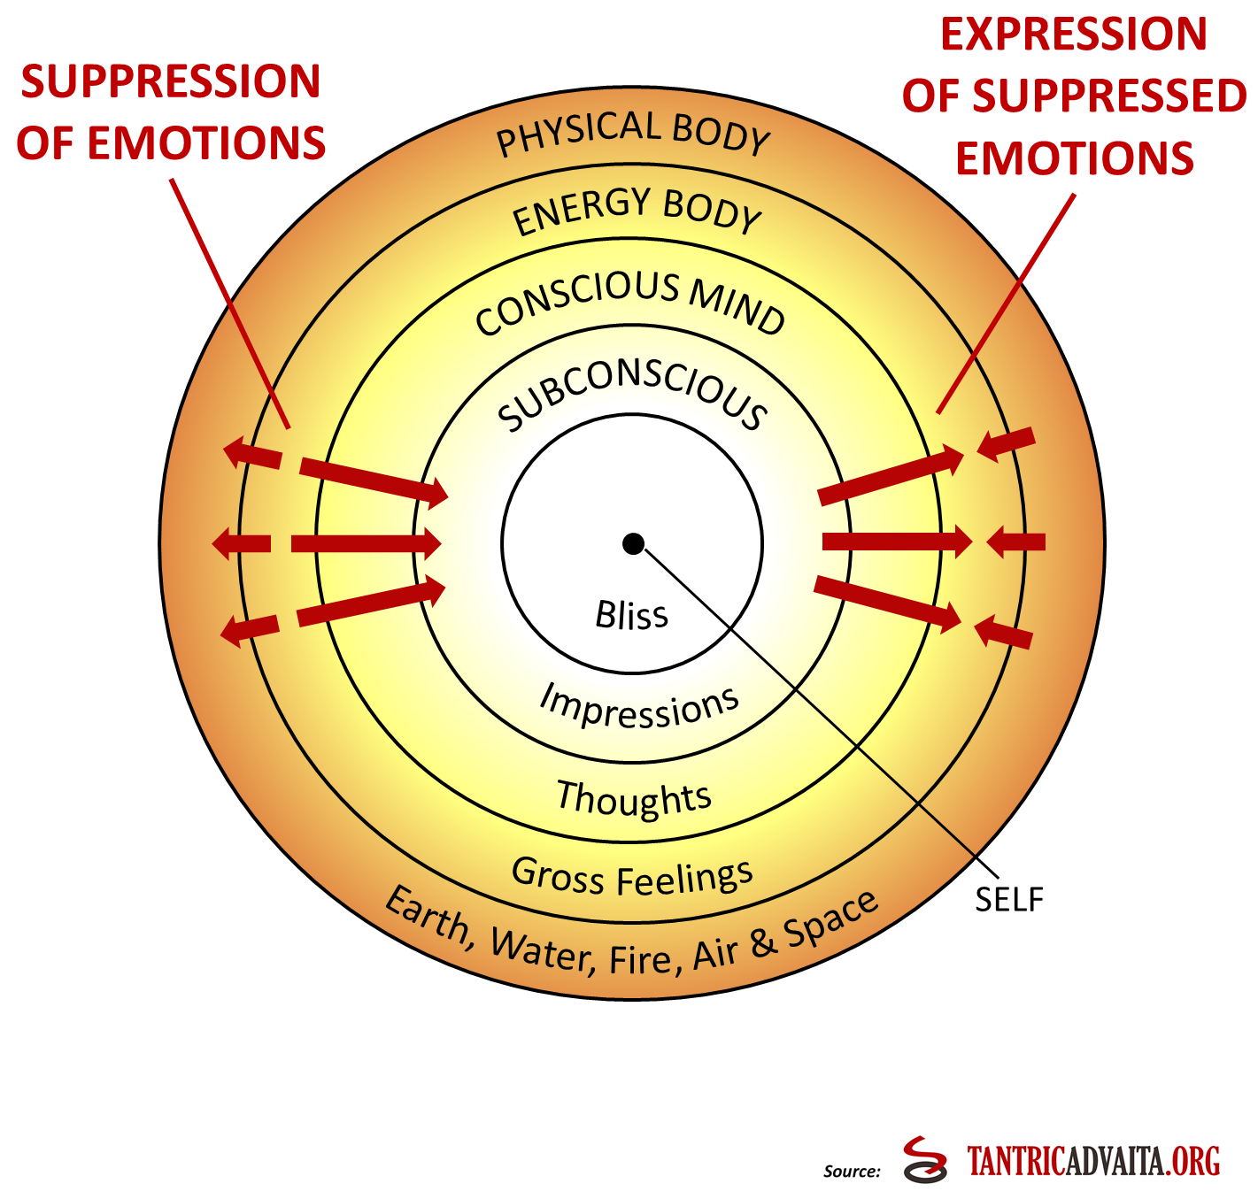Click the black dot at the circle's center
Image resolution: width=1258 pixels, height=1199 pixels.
633,543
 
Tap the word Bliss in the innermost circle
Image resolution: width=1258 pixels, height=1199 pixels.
631,615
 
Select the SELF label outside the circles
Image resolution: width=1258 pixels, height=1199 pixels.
1009,899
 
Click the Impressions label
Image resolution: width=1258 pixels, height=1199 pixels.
639,706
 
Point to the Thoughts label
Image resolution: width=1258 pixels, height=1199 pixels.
634,797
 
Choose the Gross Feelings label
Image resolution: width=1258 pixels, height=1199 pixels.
632,877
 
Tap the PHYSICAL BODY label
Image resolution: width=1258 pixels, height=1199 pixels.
633,133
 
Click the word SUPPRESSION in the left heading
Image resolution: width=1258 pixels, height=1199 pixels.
171,81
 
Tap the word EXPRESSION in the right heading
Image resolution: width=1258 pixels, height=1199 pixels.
1074,35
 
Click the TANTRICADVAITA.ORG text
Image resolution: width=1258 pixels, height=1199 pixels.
1093,1161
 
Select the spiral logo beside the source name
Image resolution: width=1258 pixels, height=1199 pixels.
926,1159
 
